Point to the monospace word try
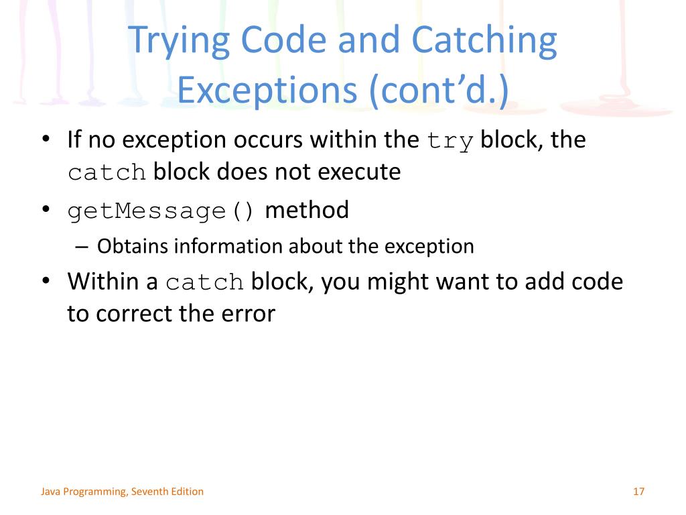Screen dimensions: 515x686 pos(450,141)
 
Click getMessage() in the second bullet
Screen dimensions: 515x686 pos(161,211)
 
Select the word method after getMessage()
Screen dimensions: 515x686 pos(307,211)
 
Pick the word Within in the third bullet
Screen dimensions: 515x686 pos(105,281)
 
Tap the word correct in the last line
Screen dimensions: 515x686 pos(139,313)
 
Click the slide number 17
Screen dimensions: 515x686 pos(638,492)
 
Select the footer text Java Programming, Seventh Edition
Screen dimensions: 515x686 pos(122,492)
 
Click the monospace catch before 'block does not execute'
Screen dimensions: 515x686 pos(107,173)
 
